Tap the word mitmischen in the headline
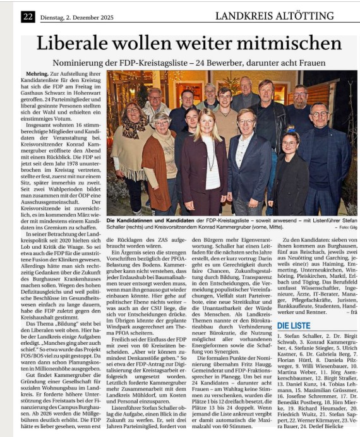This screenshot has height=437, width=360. pyautogui.click(x=282, y=44)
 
